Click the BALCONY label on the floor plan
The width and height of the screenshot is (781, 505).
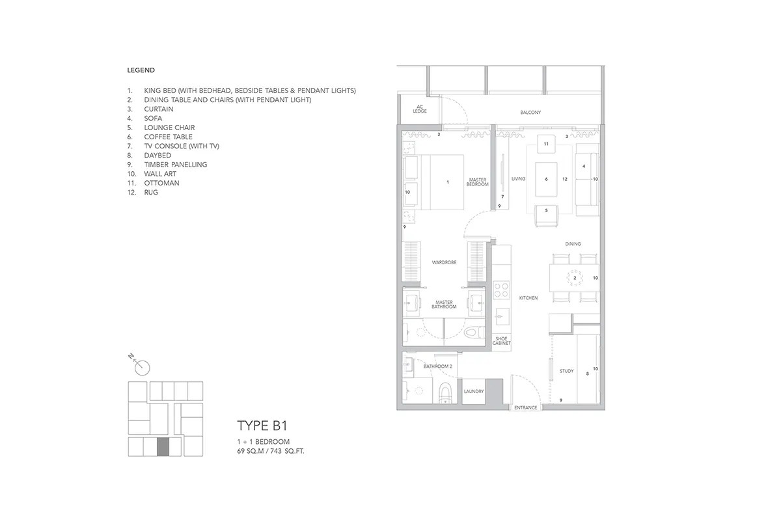530,113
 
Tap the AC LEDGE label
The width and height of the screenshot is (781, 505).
420,109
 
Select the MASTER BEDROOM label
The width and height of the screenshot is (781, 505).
477,182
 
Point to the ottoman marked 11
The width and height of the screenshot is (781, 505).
546,144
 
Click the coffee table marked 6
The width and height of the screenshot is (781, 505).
546,179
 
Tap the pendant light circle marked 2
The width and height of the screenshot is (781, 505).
575,278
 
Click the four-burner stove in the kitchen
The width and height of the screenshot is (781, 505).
501,290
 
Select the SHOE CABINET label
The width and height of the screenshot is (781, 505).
501,341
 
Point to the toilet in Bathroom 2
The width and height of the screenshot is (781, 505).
445,393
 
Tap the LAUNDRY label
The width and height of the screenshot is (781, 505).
474,391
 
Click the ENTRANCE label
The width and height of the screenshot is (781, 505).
525,407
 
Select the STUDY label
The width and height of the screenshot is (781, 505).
567,371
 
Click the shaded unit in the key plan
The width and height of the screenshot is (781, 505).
163,447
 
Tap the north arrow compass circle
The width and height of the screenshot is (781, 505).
143,368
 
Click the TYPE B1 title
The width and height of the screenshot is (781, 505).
262,426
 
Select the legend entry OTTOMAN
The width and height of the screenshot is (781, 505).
161,183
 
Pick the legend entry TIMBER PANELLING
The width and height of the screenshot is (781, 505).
175,165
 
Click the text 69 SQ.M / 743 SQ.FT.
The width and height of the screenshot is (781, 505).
271,451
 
